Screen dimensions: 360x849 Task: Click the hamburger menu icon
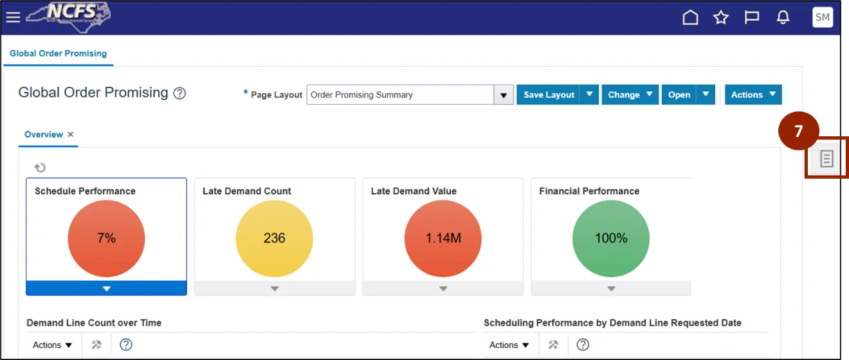click(13, 17)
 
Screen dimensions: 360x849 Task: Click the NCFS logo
click(68, 17)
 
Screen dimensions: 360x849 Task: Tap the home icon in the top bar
click(690, 17)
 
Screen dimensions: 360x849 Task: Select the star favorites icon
click(721, 17)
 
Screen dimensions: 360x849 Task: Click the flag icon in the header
click(752, 17)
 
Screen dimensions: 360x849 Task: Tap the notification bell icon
click(783, 17)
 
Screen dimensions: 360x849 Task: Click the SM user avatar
click(823, 17)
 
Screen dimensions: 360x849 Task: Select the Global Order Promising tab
click(58, 53)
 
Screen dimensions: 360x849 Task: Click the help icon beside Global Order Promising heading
click(180, 93)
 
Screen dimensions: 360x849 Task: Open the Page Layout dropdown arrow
click(504, 94)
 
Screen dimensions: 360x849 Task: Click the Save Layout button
click(549, 94)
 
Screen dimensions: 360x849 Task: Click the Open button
click(679, 94)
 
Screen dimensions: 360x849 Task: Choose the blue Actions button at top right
click(753, 94)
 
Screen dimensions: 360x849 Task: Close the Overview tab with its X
click(71, 134)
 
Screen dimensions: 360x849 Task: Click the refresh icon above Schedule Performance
click(40, 168)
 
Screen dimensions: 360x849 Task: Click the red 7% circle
click(106, 239)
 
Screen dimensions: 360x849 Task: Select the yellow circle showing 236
click(275, 239)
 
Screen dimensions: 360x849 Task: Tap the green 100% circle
click(611, 239)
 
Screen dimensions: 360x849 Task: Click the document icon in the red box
click(826, 159)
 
